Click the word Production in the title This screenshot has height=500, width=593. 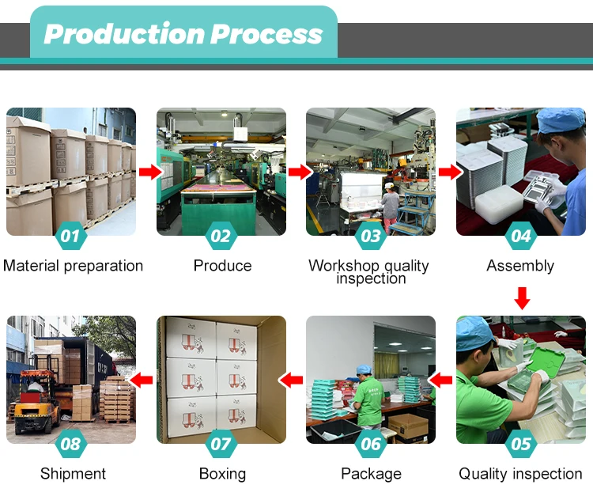pyautogui.click(x=123, y=34)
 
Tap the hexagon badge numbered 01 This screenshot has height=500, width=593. pyautogui.click(x=70, y=236)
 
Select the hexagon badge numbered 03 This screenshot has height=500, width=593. pyautogui.click(x=371, y=236)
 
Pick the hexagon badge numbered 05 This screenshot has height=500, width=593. pyautogui.click(x=521, y=444)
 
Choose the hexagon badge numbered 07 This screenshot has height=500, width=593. pyautogui.click(x=221, y=444)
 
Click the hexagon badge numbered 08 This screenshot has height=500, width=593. pyautogui.click(x=70, y=444)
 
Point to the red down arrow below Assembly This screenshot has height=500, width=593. pyautogui.click(x=522, y=298)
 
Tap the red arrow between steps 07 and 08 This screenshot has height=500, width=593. pyautogui.click(x=142, y=380)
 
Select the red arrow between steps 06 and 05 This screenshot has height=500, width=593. pyautogui.click(x=442, y=380)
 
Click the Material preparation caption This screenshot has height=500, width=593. pyautogui.click(x=73, y=266)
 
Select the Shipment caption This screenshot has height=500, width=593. pyautogui.click(x=73, y=474)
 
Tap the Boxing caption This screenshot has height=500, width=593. pyautogui.click(x=222, y=474)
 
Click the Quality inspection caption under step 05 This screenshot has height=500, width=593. pyautogui.click(x=520, y=474)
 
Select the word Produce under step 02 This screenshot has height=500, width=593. pyautogui.click(x=222, y=266)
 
